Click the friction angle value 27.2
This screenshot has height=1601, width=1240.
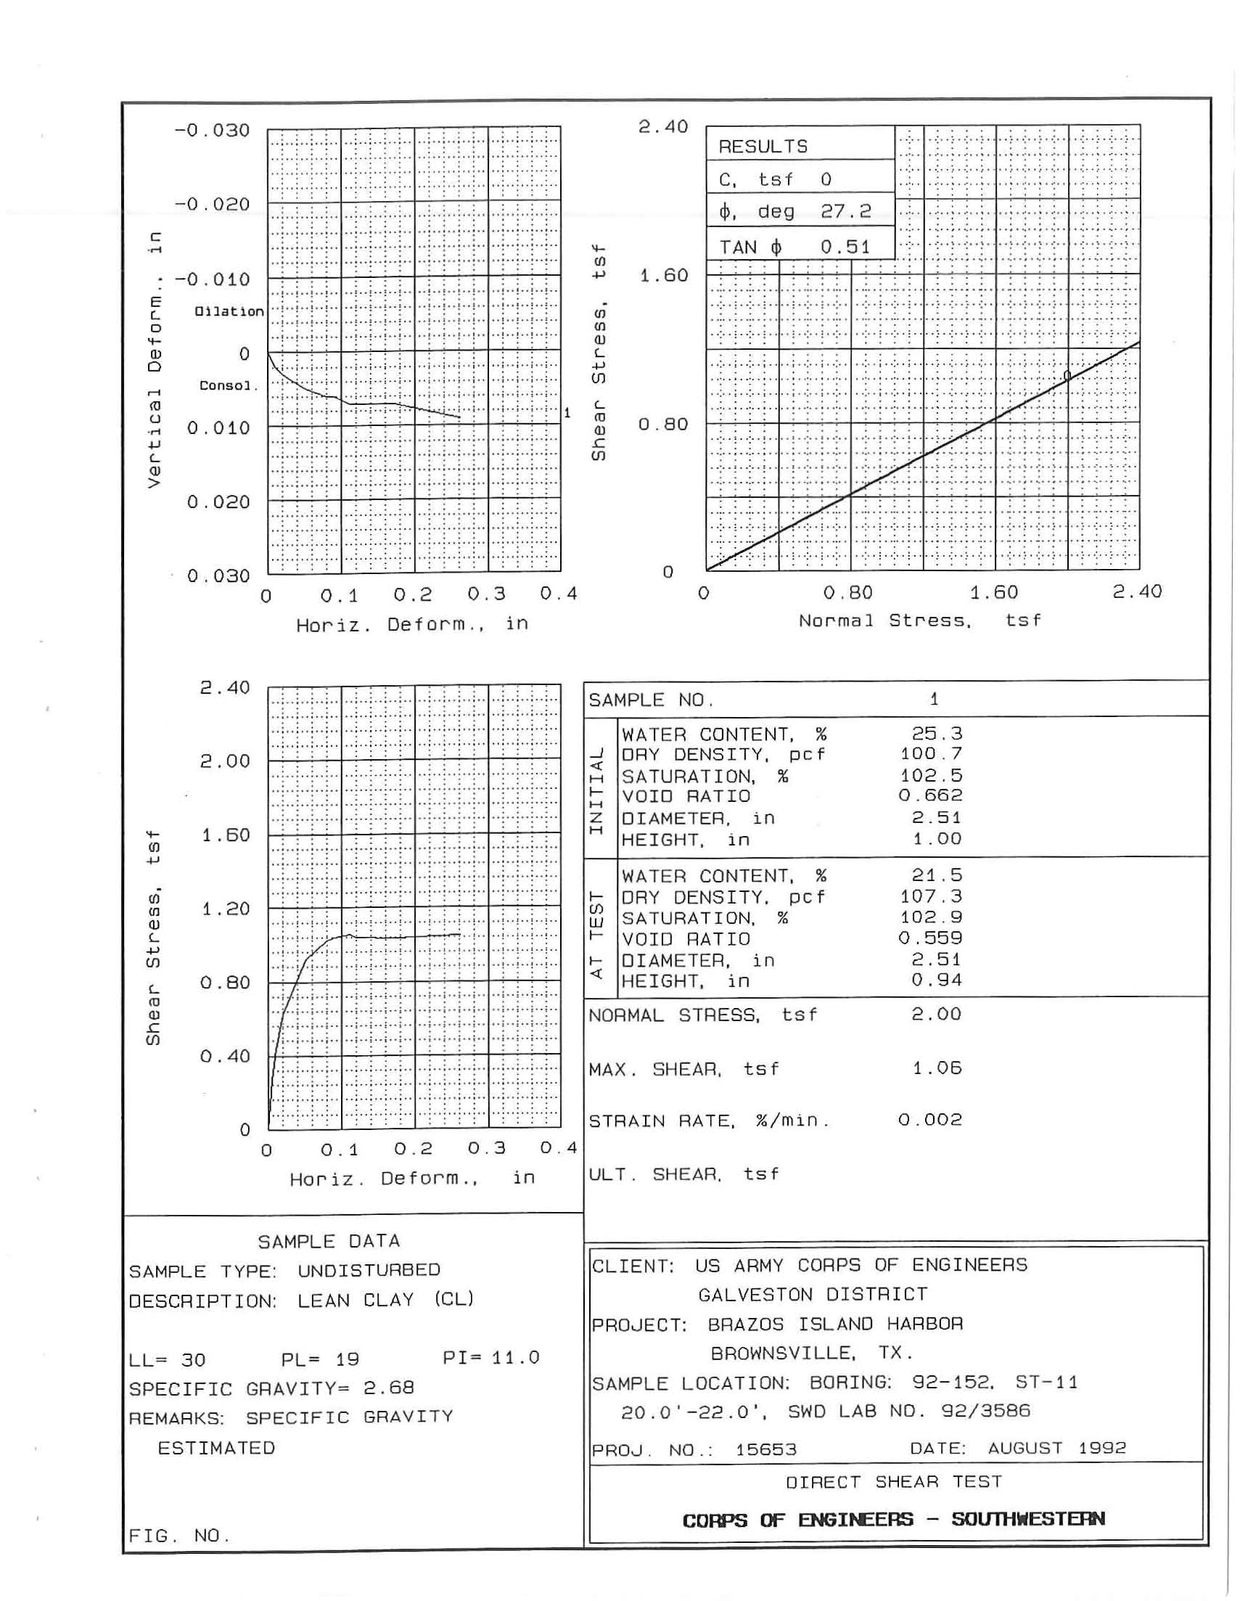coord(845,212)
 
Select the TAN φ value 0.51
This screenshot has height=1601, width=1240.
coord(845,247)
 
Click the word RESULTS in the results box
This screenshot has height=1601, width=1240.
coord(763,147)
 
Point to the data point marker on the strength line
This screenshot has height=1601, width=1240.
coord(1067,376)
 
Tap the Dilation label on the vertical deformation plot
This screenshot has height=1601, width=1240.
coord(229,311)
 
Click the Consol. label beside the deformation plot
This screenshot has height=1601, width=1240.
coord(229,385)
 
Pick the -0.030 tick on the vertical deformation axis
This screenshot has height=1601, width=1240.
coord(212,131)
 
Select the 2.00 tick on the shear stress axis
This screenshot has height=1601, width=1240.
coord(225,761)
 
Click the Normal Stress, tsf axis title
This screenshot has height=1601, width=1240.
coord(920,621)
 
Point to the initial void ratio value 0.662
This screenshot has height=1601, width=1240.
coord(930,795)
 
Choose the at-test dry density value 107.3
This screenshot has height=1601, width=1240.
coord(931,896)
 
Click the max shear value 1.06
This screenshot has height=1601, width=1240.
coord(937,1068)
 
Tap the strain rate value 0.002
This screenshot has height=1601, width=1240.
coord(930,1119)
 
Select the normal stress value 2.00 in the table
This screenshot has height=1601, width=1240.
coord(937,1014)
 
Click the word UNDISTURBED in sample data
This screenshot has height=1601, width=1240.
coord(369,1270)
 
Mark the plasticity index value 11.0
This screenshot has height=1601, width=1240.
coord(515,1358)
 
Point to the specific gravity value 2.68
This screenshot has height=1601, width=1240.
coord(388,1388)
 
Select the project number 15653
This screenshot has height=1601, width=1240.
coord(765,1450)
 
